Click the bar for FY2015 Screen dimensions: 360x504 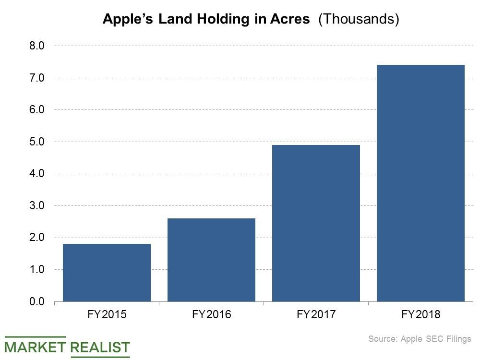[x=107, y=273]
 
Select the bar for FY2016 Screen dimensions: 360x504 [x=211, y=260]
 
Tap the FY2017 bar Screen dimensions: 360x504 [x=316, y=223]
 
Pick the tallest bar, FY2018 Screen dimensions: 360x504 [x=420, y=183]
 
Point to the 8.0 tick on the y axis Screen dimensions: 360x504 [x=37, y=46]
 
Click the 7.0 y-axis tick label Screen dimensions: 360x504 [x=37, y=78]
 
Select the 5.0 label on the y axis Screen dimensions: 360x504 [x=37, y=142]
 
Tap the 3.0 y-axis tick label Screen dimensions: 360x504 [x=37, y=205]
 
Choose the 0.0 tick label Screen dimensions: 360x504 [x=37, y=301]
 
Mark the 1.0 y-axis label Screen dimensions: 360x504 [x=37, y=270]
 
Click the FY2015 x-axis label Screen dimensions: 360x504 [x=107, y=315]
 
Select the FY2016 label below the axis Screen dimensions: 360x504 [x=211, y=315]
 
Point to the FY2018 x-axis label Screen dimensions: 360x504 [x=420, y=315]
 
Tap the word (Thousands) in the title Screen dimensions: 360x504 [x=359, y=20]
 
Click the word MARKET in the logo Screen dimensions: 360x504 [x=35, y=347]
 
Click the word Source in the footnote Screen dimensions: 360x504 [x=382, y=339]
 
